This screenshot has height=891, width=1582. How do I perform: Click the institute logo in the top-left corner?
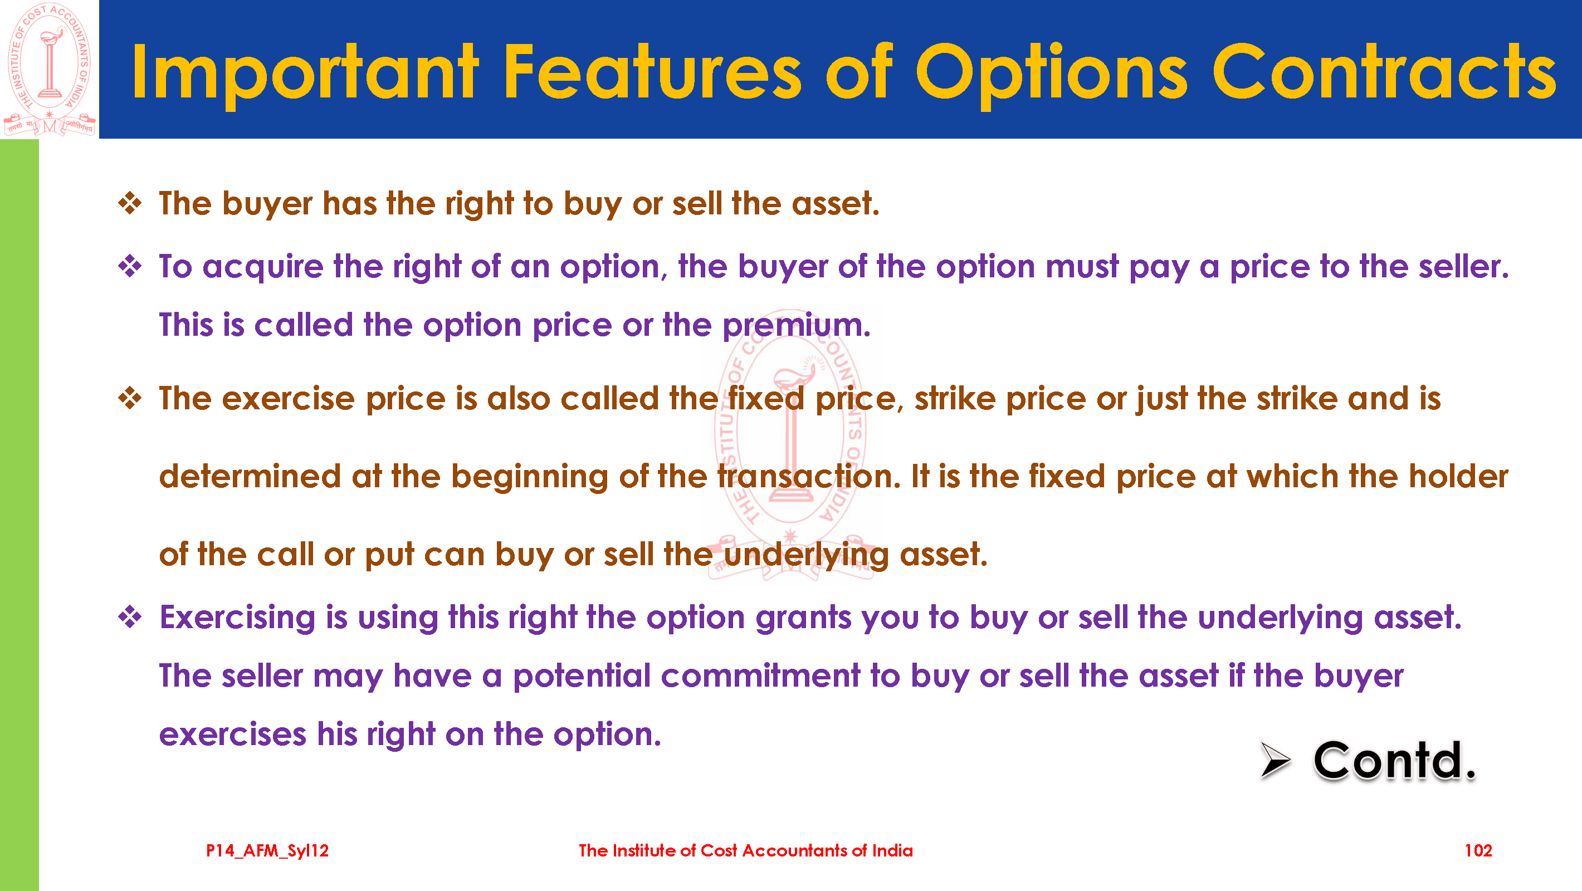pyautogui.click(x=49, y=69)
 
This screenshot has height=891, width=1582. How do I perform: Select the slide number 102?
pyautogui.click(x=1478, y=850)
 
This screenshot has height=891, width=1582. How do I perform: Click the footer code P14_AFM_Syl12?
pyautogui.click(x=267, y=851)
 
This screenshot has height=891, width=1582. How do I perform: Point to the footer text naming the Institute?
pyautogui.click(x=745, y=850)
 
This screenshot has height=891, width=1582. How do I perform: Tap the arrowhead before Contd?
pyautogui.click(x=1276, y=760)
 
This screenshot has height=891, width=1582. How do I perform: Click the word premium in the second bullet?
pyautogui.click(x=796, y=325)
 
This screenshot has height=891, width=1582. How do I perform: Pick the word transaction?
pyautogui.click(x=809, y=477)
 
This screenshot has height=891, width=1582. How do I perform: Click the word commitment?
pyautogui.click(x=760, y=675)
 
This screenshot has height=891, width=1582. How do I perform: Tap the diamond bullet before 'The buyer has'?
pyautogui.click(x=130, y=203)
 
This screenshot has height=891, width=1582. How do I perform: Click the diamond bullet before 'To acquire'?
pyautogui.click(x=130, y=267)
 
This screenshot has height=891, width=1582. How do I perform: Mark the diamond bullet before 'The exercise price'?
pyautogui.click(x=130, y=399)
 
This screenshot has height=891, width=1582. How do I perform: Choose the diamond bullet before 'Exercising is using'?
pyautogui.click(x=130, y=617)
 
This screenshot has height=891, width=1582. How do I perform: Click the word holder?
pyautogui.click(x=1458, y=477)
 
